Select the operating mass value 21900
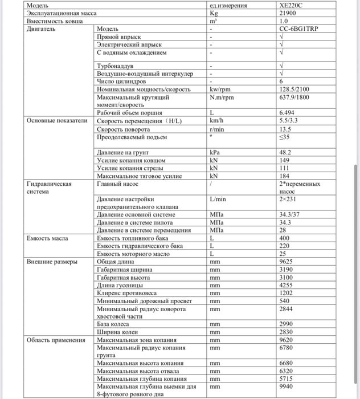(x=288, y=13)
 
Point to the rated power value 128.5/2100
(x=294, y=89)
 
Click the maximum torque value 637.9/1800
(x=294, y=97)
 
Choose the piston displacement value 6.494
(x=289, y=113)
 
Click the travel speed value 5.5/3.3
(x=289, y=121)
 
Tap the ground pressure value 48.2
(x=285, y=152)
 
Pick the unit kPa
(x=215, y=152)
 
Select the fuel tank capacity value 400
(x=285, y=238)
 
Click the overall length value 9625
(x=286, y=261)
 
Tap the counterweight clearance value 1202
(x=286, y=292)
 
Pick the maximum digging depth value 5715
(x=286, y=378)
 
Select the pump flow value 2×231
(x=289, y=199)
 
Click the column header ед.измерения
(x=228, y=6)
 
